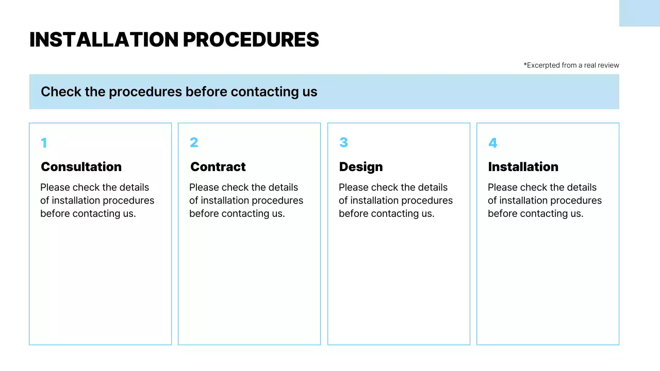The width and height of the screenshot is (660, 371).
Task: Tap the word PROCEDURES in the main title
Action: tap(251, 40)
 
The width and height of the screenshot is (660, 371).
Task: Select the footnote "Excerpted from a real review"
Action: tap(571, 65)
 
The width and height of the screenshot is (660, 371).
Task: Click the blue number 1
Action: tap(44, 143)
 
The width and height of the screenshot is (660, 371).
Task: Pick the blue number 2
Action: tap(194, 143)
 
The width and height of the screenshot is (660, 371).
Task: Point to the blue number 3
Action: tap(343, 143)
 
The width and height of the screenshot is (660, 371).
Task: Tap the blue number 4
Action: tap(492, 143)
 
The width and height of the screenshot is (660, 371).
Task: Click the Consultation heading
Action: tap(81, 167)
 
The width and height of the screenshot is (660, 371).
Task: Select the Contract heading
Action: tap(218, 167)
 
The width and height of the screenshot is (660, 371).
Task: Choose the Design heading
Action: tap(361, 167)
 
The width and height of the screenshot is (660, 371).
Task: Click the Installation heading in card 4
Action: tap(523, 167)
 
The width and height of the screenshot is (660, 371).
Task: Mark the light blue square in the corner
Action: tap(639, 13)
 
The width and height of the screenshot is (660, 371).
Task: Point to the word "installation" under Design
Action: tap(378, 200)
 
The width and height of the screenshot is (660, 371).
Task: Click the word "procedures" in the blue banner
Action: tap(145, 92)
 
